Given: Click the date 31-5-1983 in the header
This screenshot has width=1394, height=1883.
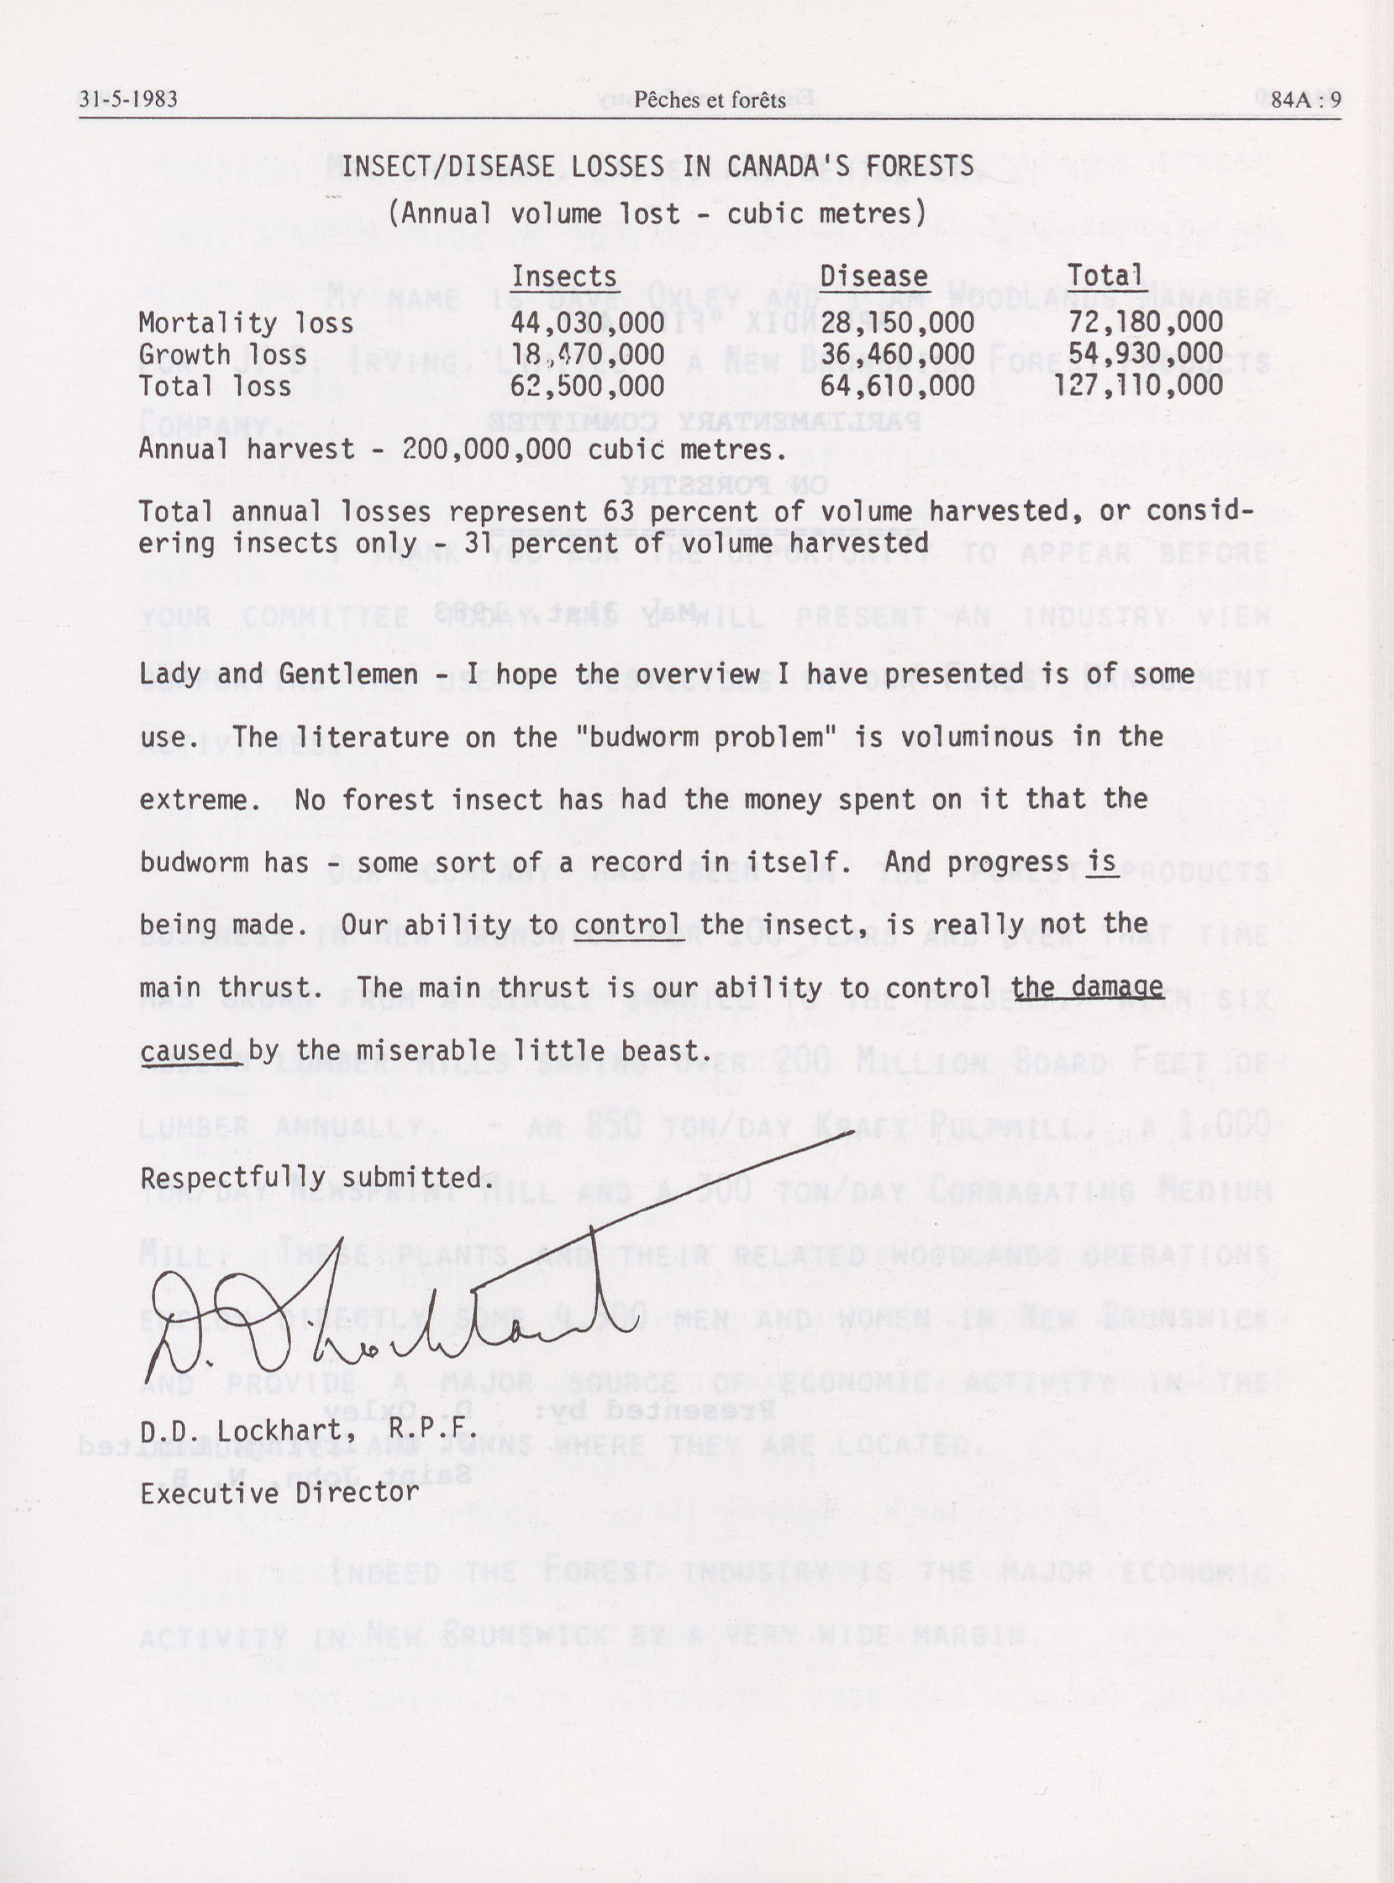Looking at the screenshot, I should coord(128,99).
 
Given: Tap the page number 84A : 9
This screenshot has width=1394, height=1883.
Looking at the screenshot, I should coord(1305,99).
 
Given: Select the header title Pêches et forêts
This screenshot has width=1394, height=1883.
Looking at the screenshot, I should coord(710,101).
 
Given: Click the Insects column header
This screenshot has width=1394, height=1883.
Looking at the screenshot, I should coord(564,276).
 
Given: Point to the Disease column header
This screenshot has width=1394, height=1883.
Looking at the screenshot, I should coord(874,276).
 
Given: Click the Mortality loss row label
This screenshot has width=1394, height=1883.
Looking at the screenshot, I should coord(246,323).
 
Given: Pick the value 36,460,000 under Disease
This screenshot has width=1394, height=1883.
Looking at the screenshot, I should coord(897,354).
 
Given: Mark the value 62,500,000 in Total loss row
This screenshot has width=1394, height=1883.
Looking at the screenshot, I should coord(586,386).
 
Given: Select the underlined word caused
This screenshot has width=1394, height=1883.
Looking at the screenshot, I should coord(186,1051).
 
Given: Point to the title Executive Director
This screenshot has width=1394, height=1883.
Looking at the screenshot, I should coord(279,1493).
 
